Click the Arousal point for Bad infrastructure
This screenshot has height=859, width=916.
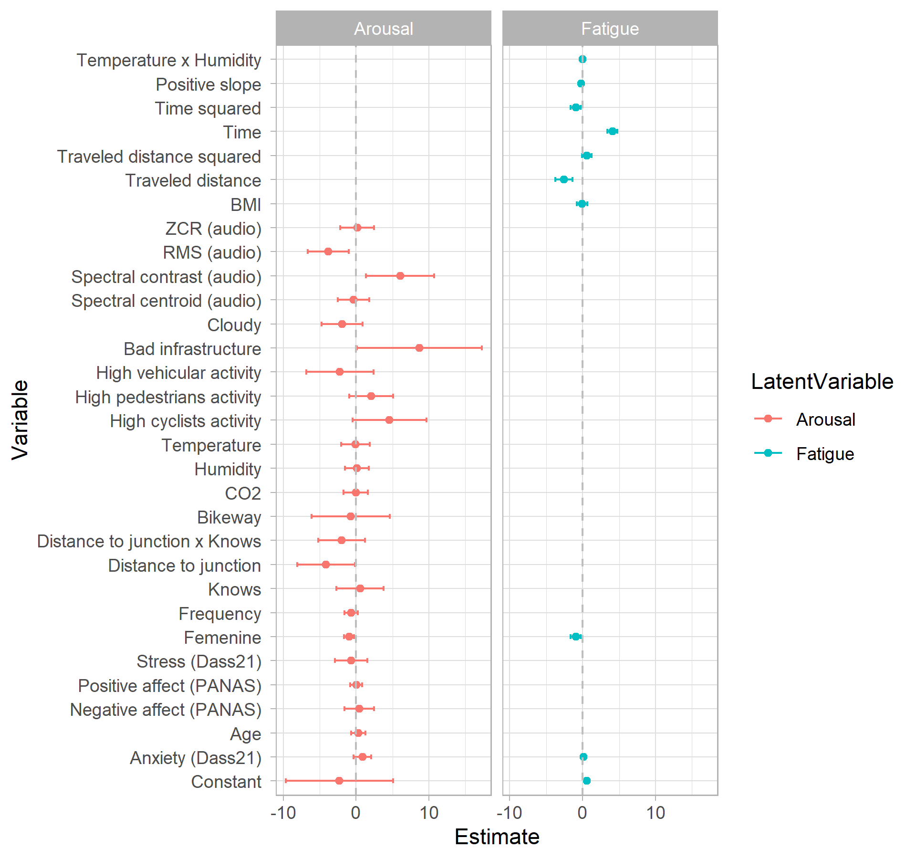tap(419, 348)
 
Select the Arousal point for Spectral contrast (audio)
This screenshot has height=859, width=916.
tap(400, 276)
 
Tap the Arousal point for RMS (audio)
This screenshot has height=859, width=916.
tap(328, 251)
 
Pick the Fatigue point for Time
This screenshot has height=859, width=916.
tap(612, 131)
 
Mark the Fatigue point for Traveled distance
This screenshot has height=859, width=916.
tap(563, 179)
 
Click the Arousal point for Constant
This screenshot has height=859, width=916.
tap(339, 781)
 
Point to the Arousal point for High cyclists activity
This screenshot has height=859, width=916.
tap(389, 420)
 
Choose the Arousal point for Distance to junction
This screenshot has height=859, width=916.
tap(325, 565)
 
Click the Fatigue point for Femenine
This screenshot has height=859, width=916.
tap(575, 637)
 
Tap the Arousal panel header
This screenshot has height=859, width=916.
tap(384, 29)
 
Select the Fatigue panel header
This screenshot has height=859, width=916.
tap(610, 29)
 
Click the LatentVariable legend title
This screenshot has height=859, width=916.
tap(822, 382)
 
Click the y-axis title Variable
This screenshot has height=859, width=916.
tap(20, 420)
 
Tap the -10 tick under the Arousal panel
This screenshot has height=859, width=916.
tap(283, 813)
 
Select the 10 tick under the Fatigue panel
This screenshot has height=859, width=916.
tap(655, 813)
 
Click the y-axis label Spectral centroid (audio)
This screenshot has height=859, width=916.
tap(166, 301)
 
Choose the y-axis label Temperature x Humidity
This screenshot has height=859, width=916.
tap(169, 61)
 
